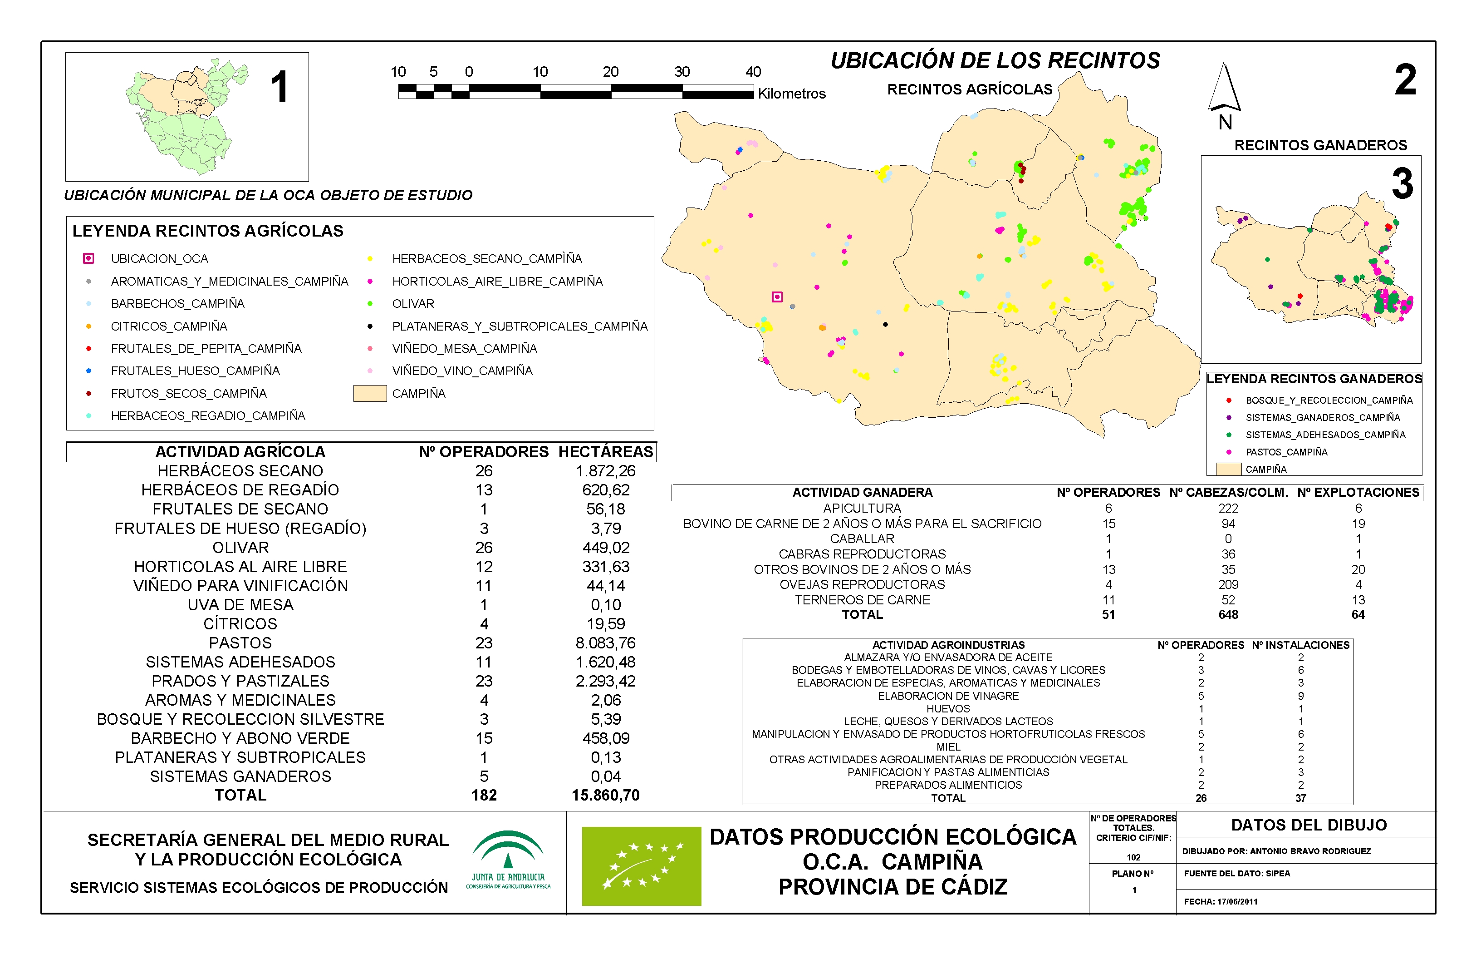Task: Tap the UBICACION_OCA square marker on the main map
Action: tap(777, 297)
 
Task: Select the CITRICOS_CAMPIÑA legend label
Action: tap(169, 326)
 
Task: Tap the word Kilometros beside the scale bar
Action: tap(791, 94)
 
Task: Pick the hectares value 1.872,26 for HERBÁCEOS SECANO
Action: tap(605, 471)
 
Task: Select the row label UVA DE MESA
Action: tap(240, 605)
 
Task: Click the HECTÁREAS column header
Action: tap(605, 452)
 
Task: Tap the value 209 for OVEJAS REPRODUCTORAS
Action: tap(1228, 585)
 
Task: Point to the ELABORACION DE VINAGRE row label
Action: tap(948, 696)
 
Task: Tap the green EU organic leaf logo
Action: tap(641, 865)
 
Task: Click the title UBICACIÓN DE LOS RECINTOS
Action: tap(995, 61)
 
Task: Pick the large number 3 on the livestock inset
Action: tap(1403, 184)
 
